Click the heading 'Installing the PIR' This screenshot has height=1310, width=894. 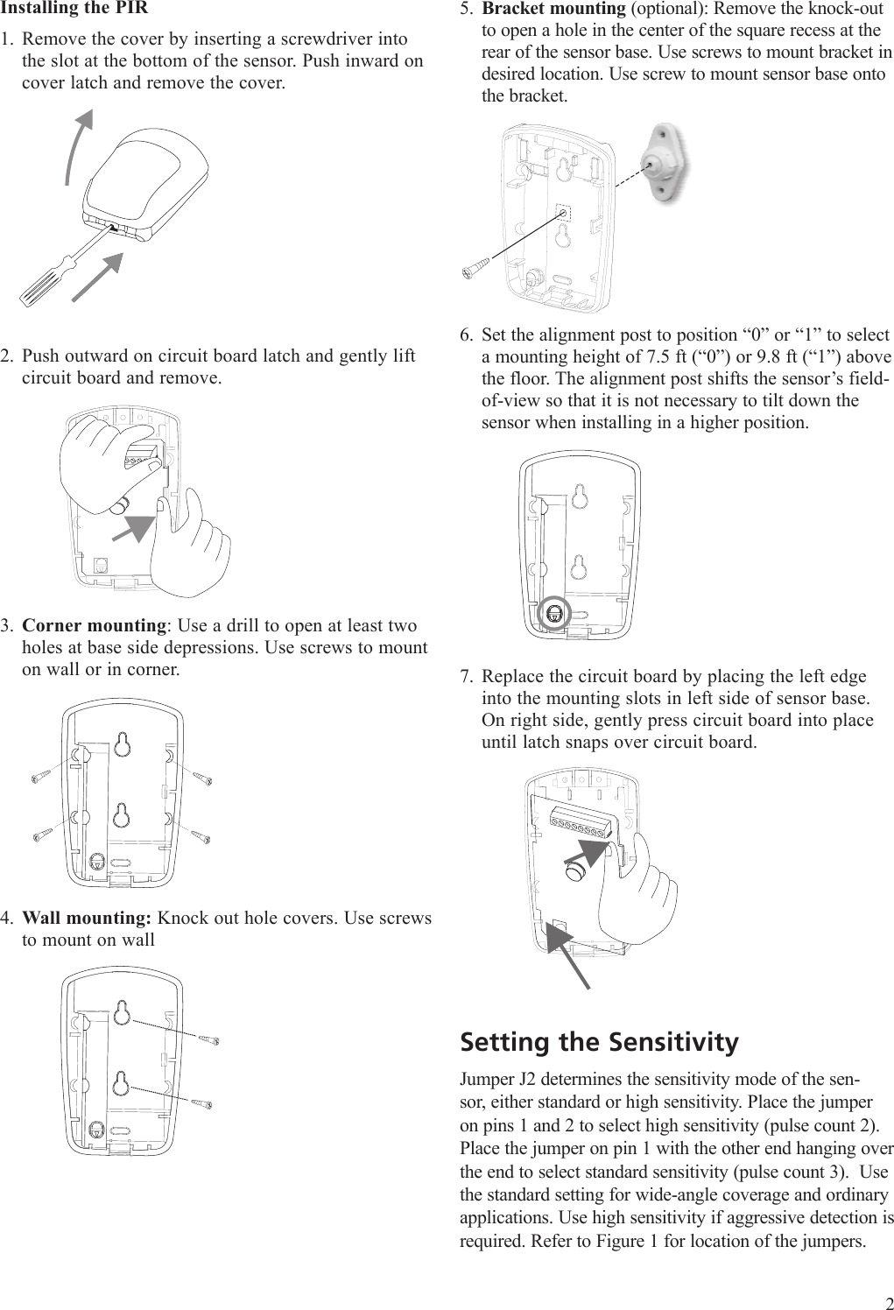coord(74,9)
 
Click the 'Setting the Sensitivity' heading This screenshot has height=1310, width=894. coord(599,1042)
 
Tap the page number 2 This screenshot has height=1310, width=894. coord(886,1300)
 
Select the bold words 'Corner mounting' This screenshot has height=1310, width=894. coord(94,626)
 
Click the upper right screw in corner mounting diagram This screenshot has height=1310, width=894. coord(202,778)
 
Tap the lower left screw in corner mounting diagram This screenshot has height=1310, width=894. coord(42,835)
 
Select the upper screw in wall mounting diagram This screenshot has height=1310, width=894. coord(208,1040)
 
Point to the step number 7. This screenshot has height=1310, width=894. coord(468,677)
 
